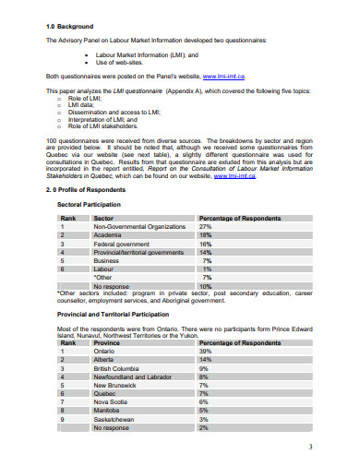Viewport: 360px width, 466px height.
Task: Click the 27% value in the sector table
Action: pos(206,226)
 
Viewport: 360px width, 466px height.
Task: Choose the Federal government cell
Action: pos(124,243)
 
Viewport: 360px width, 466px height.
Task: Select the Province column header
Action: pos(108,342)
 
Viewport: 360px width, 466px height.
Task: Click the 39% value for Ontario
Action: pos(206,351)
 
